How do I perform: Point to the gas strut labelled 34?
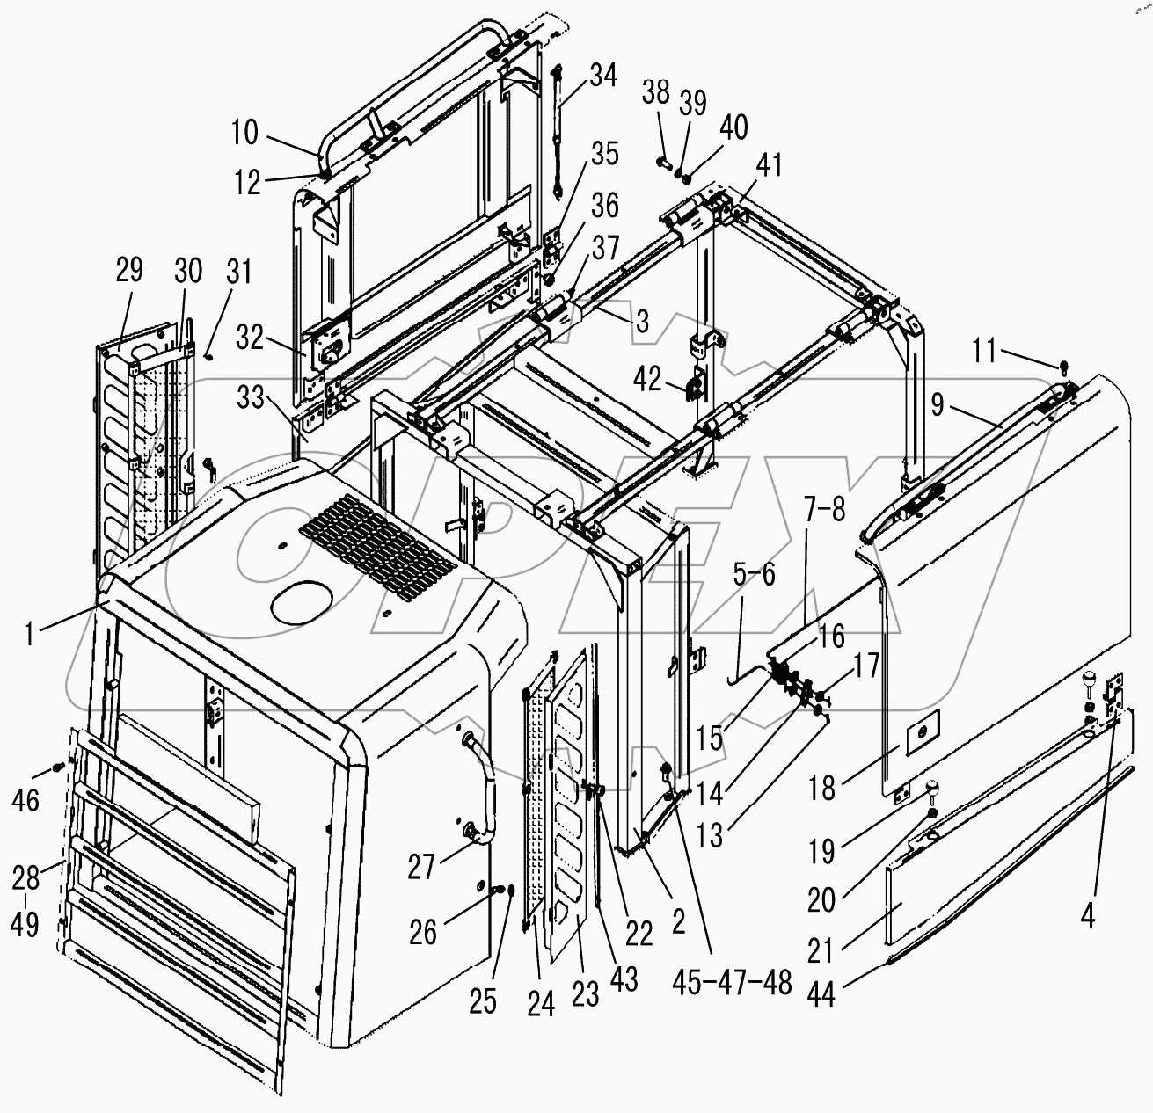click(x=558, y=132)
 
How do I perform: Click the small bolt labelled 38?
click(x=664, y=163)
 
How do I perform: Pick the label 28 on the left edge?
click(x=26, y=877)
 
